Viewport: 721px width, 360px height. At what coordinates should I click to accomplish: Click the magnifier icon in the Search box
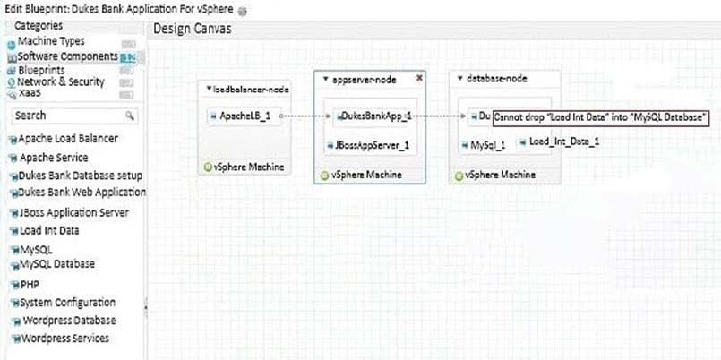130,116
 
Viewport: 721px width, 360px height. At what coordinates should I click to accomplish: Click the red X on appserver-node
419,78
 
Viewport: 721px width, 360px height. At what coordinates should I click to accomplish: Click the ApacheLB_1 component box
245,116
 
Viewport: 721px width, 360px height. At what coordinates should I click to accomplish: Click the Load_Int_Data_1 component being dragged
559,142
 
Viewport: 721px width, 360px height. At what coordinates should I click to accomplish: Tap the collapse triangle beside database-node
459,79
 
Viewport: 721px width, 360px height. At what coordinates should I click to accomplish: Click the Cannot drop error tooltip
600,117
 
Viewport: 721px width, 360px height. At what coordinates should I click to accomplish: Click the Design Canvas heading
193,29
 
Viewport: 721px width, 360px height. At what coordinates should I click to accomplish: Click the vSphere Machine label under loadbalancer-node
248,167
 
